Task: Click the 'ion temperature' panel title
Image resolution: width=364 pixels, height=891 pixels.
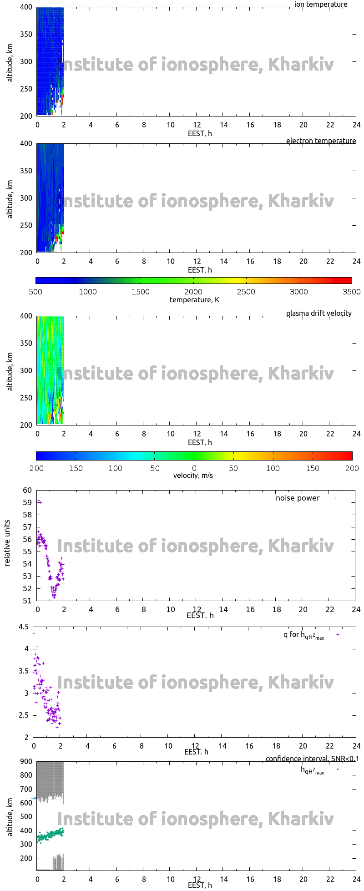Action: pyautogui.click(x=320, y=5)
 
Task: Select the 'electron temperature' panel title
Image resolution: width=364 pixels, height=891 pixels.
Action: pyautogui.click(x=321, y=141)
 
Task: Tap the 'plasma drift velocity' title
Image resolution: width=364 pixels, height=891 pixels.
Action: pyautogui.click(x=318, y=314)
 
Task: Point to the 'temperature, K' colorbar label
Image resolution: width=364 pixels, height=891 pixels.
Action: pyautogui.click(x=194, y=300)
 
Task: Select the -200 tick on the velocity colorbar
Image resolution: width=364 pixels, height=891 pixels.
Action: pyautogui.click(x=36, y=468)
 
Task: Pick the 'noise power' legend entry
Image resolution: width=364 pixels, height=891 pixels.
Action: pyautogui.click(x=298, y=498)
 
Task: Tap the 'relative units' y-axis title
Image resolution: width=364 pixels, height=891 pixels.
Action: pyautogui.click(x=7, y=545)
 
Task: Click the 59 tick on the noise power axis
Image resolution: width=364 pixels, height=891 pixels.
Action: pyautogui.click(x=27, y=503)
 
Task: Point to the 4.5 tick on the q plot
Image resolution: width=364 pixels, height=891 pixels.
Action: pyautogui.click(x=24, y=627)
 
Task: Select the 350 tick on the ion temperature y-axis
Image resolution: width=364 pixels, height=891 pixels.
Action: pyautogui.click(x=26, y=35)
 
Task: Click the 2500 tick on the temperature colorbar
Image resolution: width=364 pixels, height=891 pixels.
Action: pyautogui.click(x=246, y=292)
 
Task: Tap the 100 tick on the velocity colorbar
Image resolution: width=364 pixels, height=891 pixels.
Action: pyautogui.click(x=273, y=468)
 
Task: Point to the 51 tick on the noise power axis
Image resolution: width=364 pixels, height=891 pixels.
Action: pyautogui.click(x=27, y=601)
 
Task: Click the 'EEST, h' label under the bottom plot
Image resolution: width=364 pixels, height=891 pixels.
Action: pyautogui.click(x=200, y=886)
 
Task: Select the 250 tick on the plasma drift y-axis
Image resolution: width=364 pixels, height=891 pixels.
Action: pyautogui.click(x=26, y=398)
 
